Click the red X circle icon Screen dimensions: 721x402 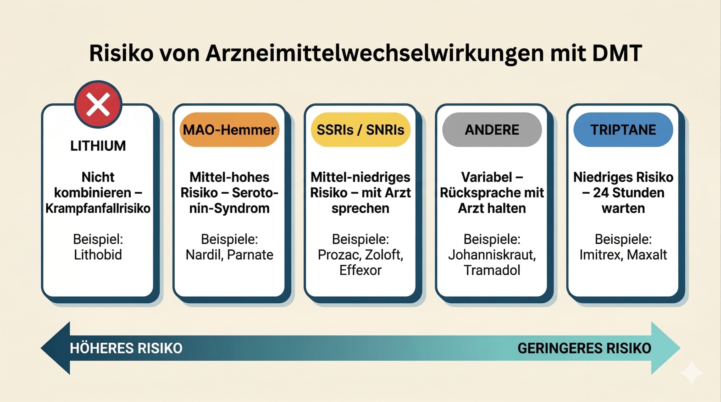tap(98, 104)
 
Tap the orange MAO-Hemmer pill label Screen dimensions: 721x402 tap(230, 130)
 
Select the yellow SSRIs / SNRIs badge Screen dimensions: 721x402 tap(360, 130)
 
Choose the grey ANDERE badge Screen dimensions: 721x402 tap(492, 130)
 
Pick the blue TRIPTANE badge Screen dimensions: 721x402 tap(623, 130)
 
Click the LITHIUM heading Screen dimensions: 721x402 tap(98, 146)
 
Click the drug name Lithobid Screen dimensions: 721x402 tap(98, 255)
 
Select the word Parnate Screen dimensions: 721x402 tap(250, 255)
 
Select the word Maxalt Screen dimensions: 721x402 tap(647, 255)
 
